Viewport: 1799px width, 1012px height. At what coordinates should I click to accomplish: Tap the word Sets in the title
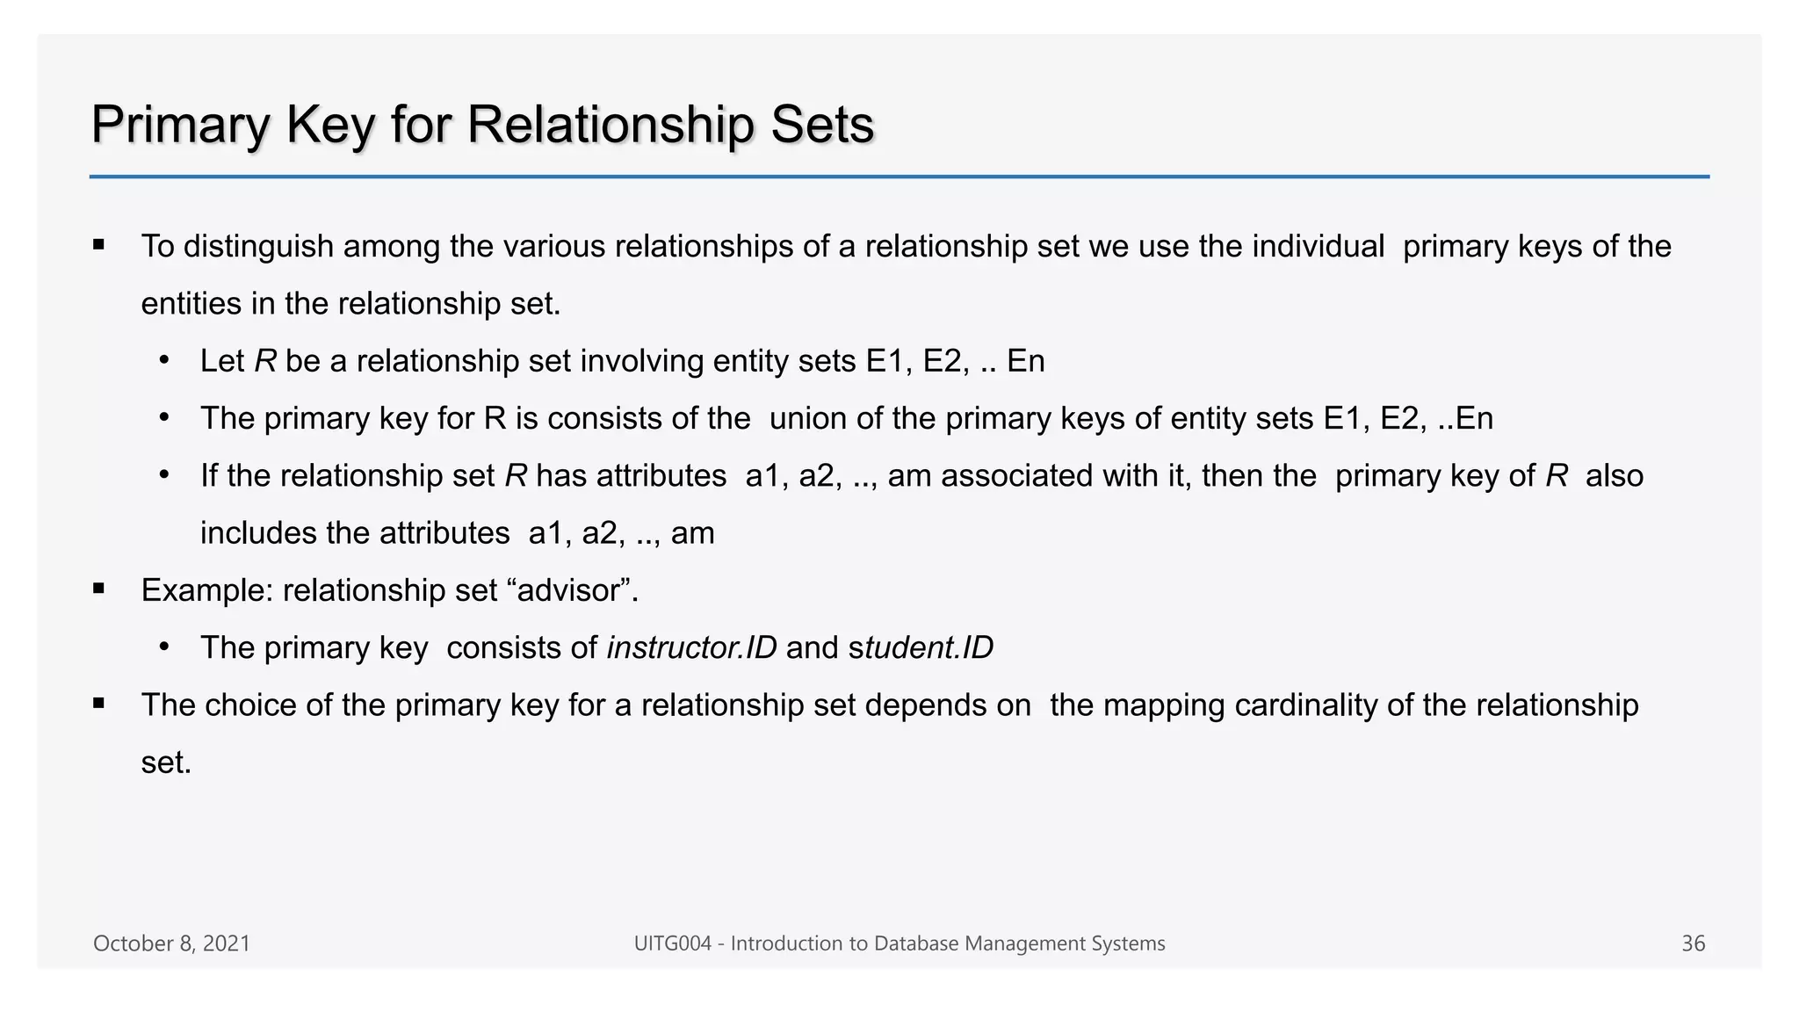pos(822,125)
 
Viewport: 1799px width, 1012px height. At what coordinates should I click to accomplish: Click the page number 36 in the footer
pos(1693,943)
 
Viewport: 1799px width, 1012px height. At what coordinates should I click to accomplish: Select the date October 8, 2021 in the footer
pos(171,943)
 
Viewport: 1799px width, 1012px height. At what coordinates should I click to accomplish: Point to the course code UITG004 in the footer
pos(672,943)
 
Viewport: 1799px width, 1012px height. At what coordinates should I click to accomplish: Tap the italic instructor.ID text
pos(691,648)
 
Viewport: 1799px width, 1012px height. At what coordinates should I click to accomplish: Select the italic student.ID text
pos(921,648)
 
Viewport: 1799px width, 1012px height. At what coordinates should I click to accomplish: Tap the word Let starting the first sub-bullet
pos(221,361)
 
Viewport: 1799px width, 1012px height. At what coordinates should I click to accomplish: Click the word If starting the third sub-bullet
pos(209,476)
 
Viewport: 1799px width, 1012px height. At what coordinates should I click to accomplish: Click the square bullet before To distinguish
pos(98,245)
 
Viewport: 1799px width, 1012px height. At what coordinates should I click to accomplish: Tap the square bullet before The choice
pos(98,704)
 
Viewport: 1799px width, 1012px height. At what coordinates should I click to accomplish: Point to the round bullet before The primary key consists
pos(164,647)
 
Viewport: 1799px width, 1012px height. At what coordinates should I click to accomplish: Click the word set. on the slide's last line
pos(166,763)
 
